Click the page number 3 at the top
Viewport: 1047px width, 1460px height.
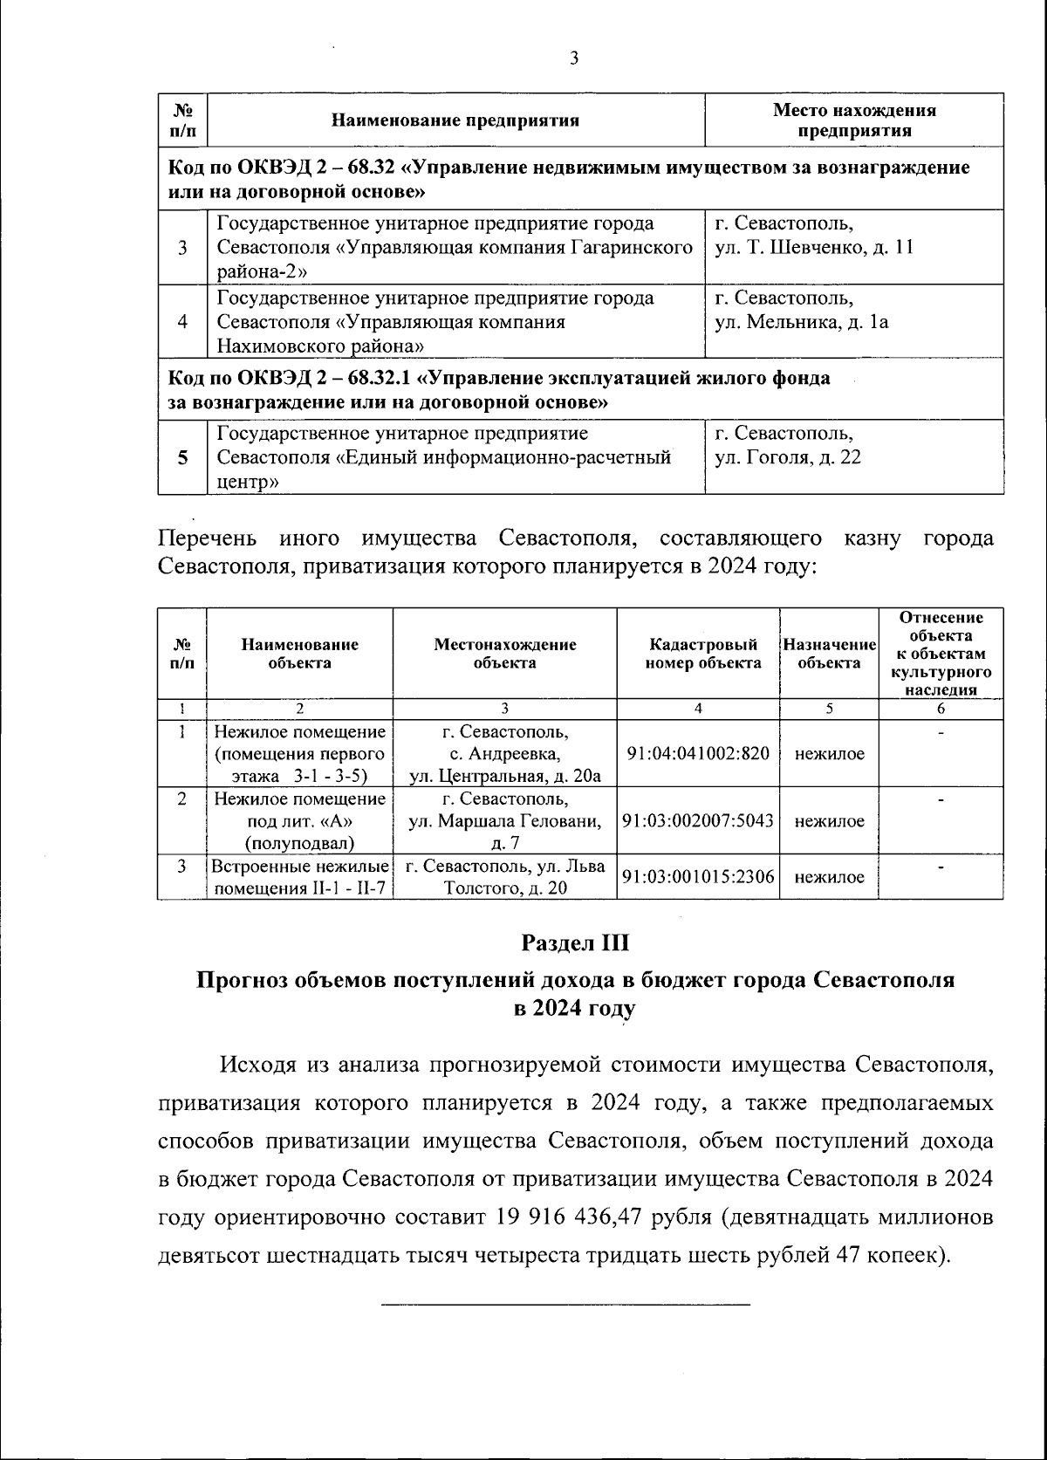pyautogui.click(x=573, y=58)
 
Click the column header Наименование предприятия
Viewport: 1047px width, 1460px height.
pyautogui.click(x=456, y=120)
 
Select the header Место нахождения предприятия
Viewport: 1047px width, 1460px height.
pyautogui.click(x=854, y=120)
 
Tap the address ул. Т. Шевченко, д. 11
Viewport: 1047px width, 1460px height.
pyautogui.click(x=813, y=247)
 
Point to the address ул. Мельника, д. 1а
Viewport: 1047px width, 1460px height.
pyautogui.click(x=801, y=322)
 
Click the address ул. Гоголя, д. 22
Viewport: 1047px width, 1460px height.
pyautogui.click(x=787, y=457)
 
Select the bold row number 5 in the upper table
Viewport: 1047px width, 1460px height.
pyautogui.click(x=183, y=457)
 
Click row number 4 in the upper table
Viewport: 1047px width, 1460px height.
pyautogui.click(x=183, y=322)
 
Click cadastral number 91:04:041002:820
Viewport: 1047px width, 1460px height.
pyautogui.click(x=698, y=753)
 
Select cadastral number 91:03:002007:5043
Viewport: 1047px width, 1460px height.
pyautogui.click(x=698, y=821)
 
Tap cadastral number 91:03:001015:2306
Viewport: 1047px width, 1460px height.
pyautogui.click(x=698, y=877)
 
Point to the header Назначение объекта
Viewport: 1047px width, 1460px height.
pyautogui.click(x=829, y=654)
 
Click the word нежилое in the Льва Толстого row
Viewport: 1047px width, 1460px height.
pyautogui.click(x=829, y=877)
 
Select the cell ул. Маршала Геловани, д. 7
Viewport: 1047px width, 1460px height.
pyautogui.click(x=505, y=821)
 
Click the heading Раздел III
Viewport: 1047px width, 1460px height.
pyautogui.click(x=575, y=943)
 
